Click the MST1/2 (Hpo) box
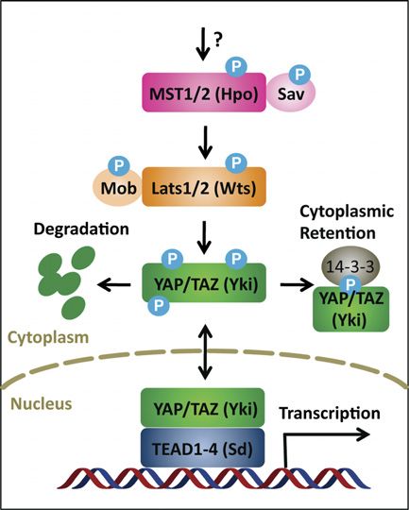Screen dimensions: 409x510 click(204, 93)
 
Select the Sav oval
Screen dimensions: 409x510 click(291, 93)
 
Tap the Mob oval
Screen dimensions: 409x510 click(117, 188)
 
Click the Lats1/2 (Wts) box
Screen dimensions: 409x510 click(204, 187)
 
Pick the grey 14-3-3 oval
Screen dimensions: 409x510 click(350, 264)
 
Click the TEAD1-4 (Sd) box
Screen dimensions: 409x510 click(202, 448)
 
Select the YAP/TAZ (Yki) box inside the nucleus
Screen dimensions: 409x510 click(202, 408)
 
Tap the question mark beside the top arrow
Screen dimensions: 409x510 click(218, 41)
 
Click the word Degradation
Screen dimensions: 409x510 click(81, 229)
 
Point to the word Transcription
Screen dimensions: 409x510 click(330, 414)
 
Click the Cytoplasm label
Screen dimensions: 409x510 click(48, 338)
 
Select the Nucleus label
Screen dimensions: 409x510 click(42, 403)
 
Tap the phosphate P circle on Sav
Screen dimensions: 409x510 click(299, 75)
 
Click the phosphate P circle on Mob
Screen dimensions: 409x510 click(119, 166)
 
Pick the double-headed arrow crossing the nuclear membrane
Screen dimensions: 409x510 click(204, 352)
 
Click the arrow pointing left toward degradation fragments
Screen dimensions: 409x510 click(114, 285)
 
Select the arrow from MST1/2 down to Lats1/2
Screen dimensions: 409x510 click(205, 142)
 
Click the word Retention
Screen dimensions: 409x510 click(337, 233)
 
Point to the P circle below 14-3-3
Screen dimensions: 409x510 click(350, 285)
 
